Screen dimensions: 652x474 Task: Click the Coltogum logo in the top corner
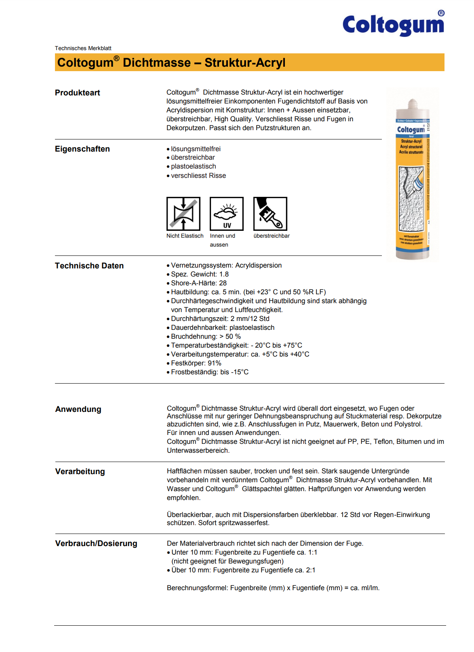(393, 24)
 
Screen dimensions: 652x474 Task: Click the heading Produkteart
(78, 93)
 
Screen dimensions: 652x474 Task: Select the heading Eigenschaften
(82, 149)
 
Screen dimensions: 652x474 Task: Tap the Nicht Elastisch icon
(183, 214)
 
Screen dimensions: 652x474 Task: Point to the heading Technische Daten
(89, 266)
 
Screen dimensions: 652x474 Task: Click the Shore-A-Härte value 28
(223, 283)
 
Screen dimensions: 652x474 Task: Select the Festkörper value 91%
(215, 363)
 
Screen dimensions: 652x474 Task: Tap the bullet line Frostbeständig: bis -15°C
(210, 372)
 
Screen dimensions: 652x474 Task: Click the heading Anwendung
(78, 409)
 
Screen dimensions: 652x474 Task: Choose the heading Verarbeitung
(80, 471)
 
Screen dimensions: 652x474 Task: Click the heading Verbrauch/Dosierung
(96, 543)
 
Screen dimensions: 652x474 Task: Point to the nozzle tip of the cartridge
(412, 101)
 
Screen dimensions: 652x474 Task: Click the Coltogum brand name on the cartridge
(411, 130)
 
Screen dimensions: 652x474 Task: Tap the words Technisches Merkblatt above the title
(83, 48)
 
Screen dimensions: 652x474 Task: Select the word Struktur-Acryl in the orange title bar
(245, 63)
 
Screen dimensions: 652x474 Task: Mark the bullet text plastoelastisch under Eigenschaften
(194, 166)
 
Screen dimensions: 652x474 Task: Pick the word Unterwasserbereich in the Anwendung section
(198, 450)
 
